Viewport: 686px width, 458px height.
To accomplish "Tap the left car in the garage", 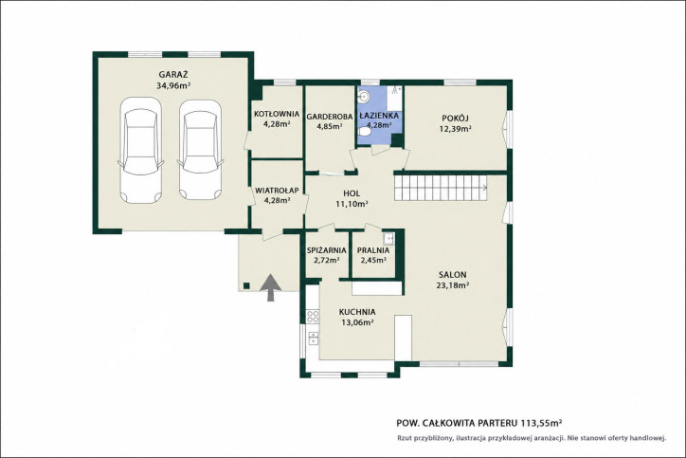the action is (141, 151).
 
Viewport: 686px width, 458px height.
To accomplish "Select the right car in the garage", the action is (200, 150).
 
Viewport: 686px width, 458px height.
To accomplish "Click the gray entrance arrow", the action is (271, 287).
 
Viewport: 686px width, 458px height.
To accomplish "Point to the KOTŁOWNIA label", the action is (277, 115).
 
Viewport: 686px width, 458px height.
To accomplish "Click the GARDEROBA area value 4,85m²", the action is (330, 126).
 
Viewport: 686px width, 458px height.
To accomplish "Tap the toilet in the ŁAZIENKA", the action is (364, 132).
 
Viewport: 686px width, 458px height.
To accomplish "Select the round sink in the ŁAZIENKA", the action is (363, 96).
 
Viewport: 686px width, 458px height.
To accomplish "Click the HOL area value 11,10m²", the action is (352, 204).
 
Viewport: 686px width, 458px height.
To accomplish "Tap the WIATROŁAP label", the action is (277, 191).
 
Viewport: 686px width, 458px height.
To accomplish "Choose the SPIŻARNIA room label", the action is (326, 250).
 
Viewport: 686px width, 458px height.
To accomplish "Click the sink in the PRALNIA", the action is (388, 238).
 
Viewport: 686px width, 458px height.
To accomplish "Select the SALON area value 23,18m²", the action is (453, 285).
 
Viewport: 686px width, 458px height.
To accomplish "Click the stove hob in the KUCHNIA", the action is (313, 316).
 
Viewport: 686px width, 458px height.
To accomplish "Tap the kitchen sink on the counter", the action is (314, 338).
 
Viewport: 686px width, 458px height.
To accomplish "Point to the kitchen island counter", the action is (403, 338).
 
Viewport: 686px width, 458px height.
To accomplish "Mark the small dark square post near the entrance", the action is (246, 286).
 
